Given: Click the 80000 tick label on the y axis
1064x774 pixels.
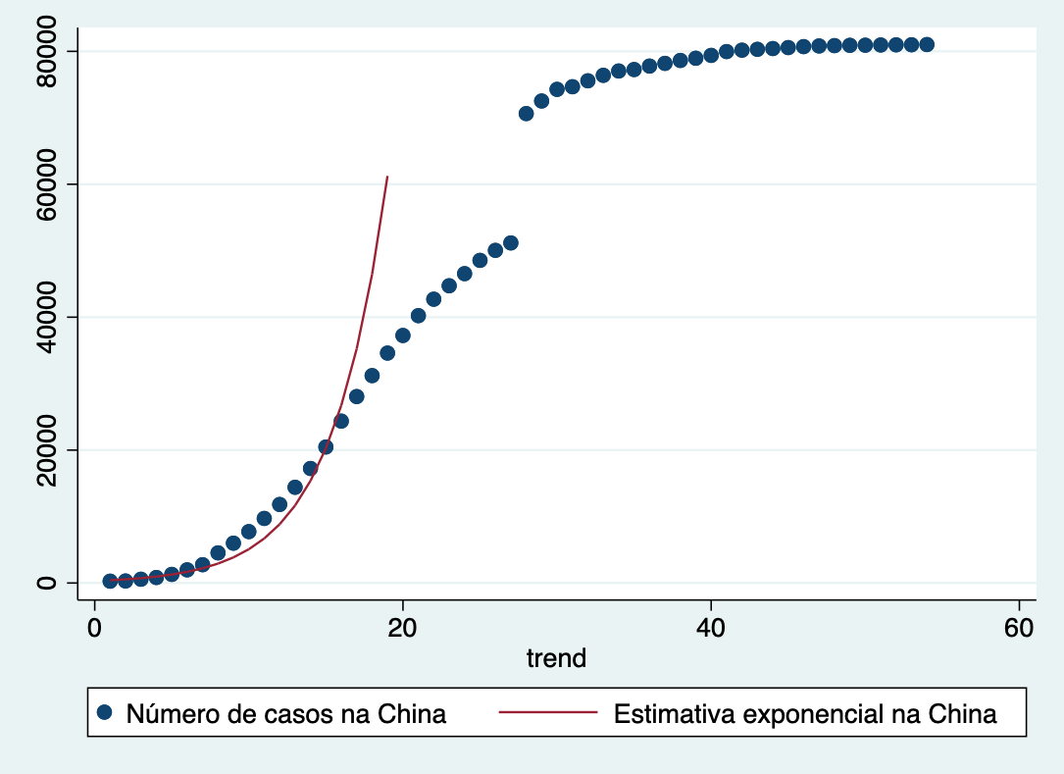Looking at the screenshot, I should (45, 51).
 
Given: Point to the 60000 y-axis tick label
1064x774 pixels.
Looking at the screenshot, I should (45, 184).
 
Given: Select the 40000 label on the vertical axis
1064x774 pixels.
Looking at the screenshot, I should (45, 317).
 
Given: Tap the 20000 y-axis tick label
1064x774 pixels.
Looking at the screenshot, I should (45, 450).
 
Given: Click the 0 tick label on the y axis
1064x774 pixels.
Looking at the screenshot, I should (45, 583).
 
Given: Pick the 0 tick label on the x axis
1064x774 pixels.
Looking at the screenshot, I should (94, 628).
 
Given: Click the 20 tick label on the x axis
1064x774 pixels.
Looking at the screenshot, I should (402, 628).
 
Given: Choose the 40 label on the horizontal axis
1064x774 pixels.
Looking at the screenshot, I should (711, 628).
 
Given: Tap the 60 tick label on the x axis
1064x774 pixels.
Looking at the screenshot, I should (1020, 628).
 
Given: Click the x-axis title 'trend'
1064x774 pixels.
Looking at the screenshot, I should (556, 657).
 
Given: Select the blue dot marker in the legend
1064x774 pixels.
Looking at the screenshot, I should (105, 713).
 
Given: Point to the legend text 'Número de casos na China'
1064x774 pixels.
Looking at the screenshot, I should (286, 714).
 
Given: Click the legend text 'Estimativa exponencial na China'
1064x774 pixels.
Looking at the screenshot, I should (805, 714).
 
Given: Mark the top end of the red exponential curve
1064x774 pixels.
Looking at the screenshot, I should (387, 178).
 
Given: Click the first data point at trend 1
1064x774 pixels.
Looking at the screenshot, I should (110, 581).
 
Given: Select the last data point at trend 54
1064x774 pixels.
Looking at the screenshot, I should (927, 44).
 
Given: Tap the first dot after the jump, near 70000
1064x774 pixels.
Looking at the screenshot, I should (526, 114).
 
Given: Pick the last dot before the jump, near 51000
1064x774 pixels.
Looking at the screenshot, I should (510, 242).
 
